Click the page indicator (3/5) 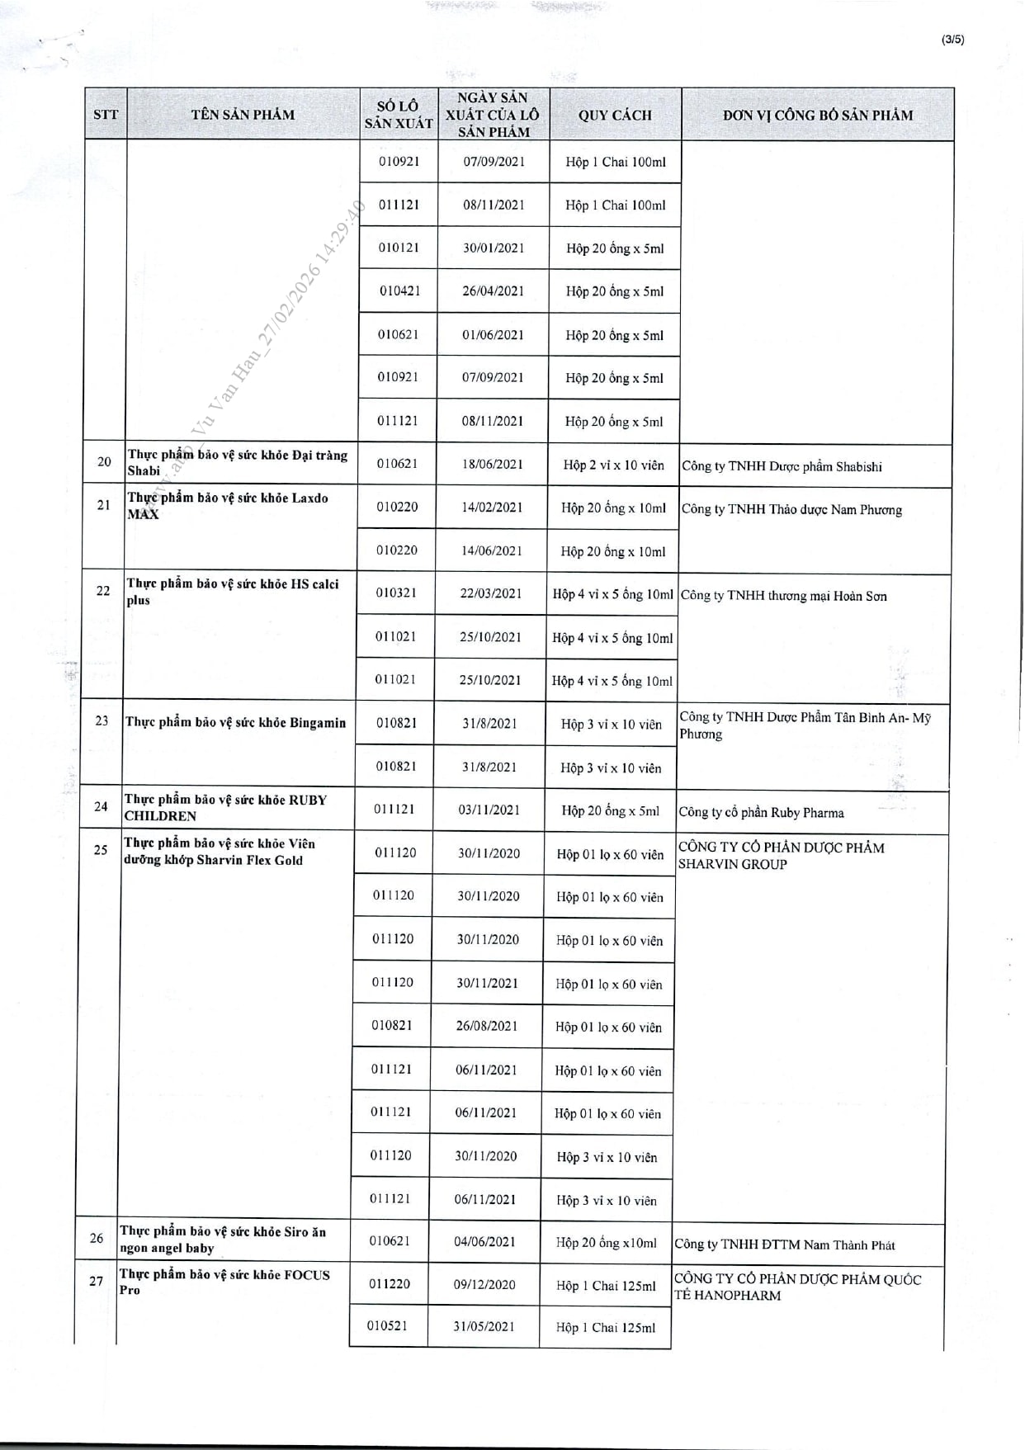point(952,40)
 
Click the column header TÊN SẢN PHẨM point(243,115)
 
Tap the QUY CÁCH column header point(615,115)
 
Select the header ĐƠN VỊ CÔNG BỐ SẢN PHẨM point(818,115)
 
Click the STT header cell point(106,115)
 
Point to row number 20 point(104,461)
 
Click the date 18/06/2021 point(493,464)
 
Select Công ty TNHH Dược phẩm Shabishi point(782,466)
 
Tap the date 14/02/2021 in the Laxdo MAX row point(492,508)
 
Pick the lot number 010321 point(397,593)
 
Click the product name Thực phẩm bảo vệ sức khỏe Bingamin point(235,722)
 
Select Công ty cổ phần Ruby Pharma point(761,812)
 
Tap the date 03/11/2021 point(489,810)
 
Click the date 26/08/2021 point(487,1026)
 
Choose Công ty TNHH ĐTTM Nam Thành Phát point(784,1245)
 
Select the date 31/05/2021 point(484,1326)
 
